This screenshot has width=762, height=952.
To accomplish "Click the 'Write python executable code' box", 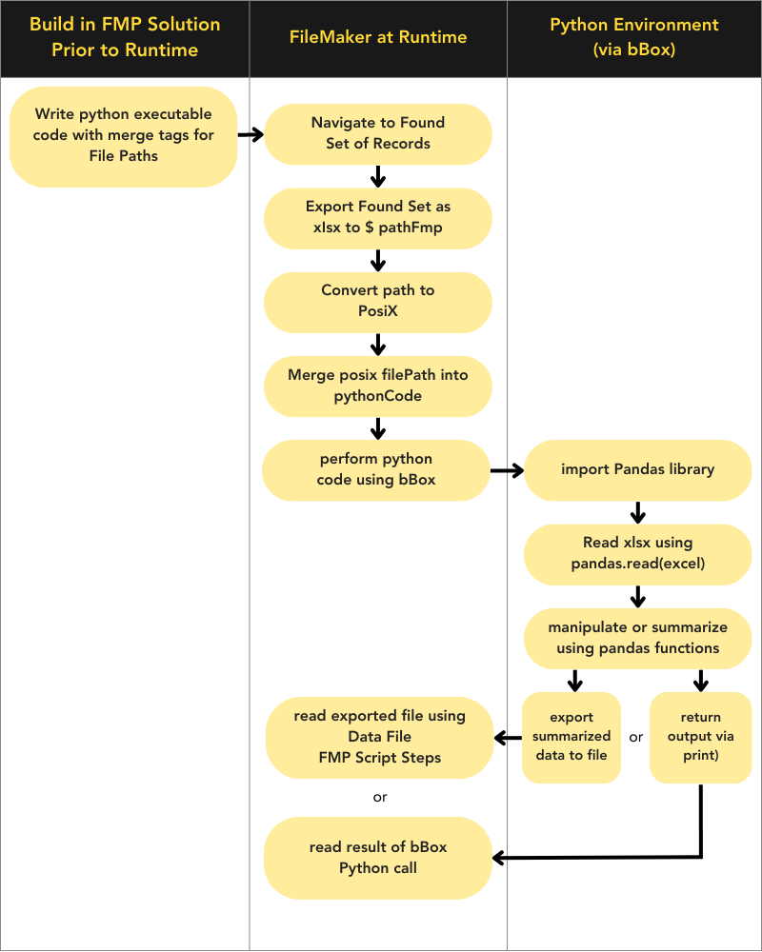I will coord(123,135).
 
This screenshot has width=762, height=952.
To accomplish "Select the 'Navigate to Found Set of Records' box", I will coord(378,133).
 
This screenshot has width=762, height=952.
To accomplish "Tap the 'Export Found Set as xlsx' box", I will coord(378,217).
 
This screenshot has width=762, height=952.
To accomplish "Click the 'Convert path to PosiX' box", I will coord(378,301).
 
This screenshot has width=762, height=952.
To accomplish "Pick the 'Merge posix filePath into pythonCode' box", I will coord(378,386).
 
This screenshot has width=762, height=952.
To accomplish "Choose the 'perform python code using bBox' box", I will coord(376,469).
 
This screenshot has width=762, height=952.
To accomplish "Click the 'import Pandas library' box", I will coord(637,469).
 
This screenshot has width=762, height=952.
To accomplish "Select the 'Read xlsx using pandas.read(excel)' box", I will coord(637,553).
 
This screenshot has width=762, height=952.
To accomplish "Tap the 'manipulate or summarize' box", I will coord(637,638).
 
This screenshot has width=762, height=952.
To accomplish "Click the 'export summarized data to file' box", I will coord(571,737).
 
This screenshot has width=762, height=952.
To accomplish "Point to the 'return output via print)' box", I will coord(700,737).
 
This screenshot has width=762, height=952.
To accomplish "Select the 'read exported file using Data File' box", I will coord(378,737).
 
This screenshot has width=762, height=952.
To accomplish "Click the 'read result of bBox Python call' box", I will coord(378,857).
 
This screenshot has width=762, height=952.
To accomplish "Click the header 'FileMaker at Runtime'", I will coord(378,37).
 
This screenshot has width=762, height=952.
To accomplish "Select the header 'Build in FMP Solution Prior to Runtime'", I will coord(125,37).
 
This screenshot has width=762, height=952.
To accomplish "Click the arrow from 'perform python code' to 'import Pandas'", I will coord(507,469).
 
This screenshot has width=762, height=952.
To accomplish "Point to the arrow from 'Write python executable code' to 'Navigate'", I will coord(251,135).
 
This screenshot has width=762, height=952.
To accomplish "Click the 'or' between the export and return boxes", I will coord(635,738).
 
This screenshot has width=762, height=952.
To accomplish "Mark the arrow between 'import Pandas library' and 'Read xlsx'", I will coord(637,512).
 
